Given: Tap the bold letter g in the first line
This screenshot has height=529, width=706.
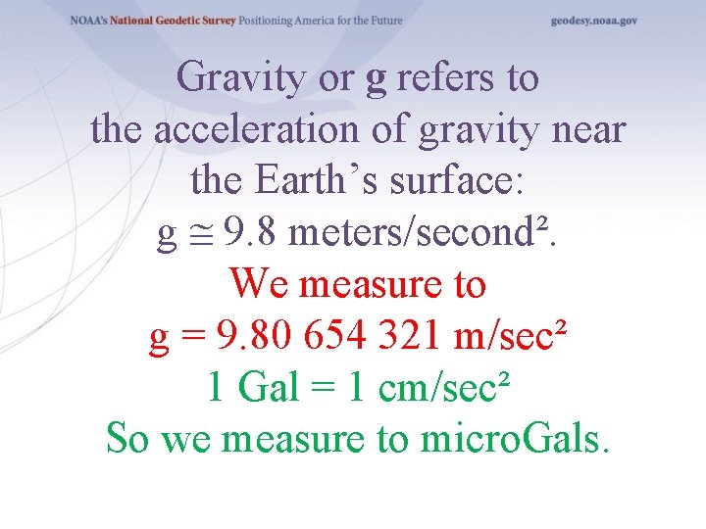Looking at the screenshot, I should tap(376, 79).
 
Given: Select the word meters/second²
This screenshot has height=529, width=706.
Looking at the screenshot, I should tap(416, 232).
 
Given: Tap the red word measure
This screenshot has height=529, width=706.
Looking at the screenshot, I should tap(359, 284).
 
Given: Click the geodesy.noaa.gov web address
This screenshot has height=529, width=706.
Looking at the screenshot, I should tap(593, 21).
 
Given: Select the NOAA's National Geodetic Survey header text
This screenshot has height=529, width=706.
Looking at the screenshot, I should tap(152, 21).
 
